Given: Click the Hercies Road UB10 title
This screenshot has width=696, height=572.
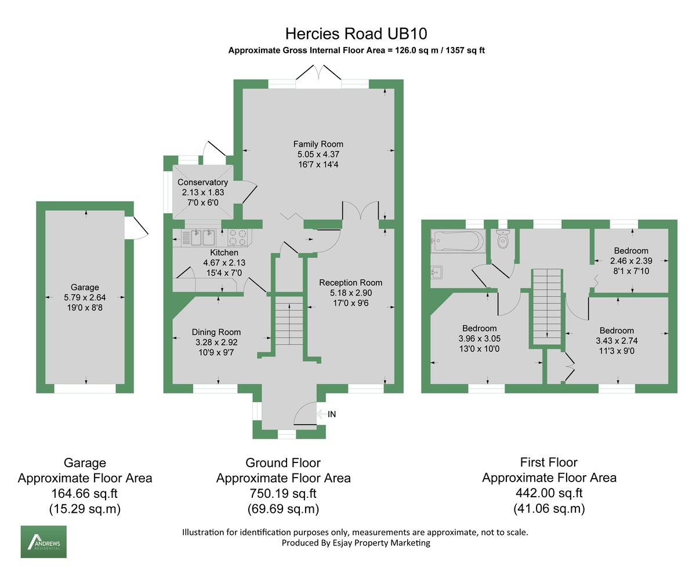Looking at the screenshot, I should (x=356, y=33).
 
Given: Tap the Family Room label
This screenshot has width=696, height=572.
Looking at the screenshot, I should (x=318, y=144).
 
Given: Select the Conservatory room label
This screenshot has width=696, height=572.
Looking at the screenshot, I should (x=202, y=182).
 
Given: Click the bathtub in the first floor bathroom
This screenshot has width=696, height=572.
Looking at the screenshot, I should (x=458, y=240).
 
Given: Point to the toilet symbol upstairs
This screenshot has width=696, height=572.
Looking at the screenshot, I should (x=503, y=239).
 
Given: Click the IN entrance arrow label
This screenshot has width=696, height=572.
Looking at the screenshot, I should (x=331, y=414).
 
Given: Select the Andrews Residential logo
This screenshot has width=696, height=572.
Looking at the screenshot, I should (x=43, y=542).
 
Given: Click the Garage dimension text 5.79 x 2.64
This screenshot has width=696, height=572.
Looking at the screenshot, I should (x=85, y=297).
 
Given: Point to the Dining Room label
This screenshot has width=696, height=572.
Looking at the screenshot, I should (x=216, y=332).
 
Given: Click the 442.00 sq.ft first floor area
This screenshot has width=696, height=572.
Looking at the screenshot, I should (x=549, y=493).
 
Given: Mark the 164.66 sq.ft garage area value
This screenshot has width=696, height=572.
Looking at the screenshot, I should (x=85, y=494).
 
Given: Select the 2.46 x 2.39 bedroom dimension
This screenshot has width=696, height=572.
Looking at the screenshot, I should (x=631, y=261).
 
